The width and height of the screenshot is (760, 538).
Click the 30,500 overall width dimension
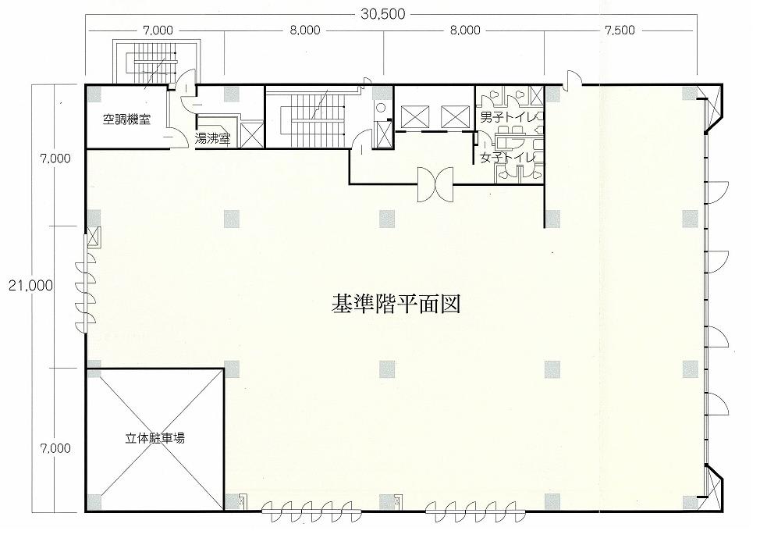click(382, 13)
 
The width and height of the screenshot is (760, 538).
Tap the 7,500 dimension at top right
click(620, 30)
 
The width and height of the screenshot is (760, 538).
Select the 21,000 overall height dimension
click(30, 286)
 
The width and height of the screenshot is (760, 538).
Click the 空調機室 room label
click(126, 119)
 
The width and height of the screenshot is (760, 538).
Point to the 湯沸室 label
click(212, 139)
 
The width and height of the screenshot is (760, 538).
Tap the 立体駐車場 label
click(154, 439)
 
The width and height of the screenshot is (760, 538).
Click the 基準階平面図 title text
click(396, 305)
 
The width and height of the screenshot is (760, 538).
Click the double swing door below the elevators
click(435, 184)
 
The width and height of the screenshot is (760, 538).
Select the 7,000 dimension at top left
click(158, 30)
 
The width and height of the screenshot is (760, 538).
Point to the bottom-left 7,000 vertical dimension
click(55, 447)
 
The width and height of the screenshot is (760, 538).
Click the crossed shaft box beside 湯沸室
click(252, 134)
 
